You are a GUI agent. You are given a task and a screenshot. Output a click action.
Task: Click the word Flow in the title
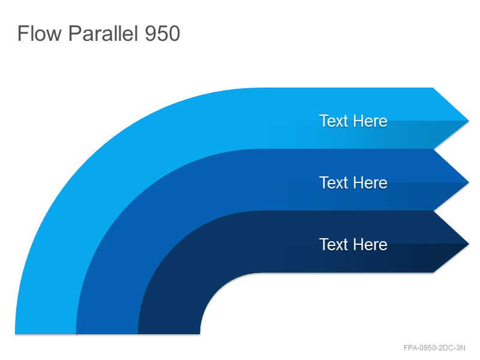[x=40, y=33]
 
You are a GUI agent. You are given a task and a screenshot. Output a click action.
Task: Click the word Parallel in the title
[x=103, y=33]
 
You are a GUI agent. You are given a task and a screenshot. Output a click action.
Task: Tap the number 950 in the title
[x=162, y=34]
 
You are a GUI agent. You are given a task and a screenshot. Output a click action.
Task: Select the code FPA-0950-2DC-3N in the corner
[x=434, y=348]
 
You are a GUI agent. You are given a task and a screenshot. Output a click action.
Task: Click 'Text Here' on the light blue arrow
[x=353, y=121]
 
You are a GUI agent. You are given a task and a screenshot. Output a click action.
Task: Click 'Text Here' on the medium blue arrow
[x=353, y=183]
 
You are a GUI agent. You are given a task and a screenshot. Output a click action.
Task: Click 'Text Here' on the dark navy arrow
[x=353, y=244]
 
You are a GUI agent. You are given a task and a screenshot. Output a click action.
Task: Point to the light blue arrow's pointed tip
[x=469, y=121]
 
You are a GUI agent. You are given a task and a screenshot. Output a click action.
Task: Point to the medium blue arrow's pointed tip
[x=469, y=182]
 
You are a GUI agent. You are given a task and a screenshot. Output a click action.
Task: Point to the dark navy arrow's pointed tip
[x=469, y=244]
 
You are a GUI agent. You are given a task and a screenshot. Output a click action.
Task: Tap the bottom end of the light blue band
[x=46, y=334]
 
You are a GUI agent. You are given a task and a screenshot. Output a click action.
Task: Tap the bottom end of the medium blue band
[x=107, y=334]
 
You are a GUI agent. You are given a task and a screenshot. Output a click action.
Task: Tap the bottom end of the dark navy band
[x=169, y=334]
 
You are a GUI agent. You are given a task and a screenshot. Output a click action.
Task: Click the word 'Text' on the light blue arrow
[x=334, y=121]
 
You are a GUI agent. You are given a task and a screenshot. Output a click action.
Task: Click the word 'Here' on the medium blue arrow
[x=371, y=183]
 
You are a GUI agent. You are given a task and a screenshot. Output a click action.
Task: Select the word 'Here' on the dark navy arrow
[x=371, y=244]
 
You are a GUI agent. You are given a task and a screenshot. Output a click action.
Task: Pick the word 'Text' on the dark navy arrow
[x=334, y=244]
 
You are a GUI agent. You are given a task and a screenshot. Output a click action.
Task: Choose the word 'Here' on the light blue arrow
[x=371, y=121]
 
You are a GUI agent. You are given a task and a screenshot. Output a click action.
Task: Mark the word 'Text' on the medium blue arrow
[x=334, y=183]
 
